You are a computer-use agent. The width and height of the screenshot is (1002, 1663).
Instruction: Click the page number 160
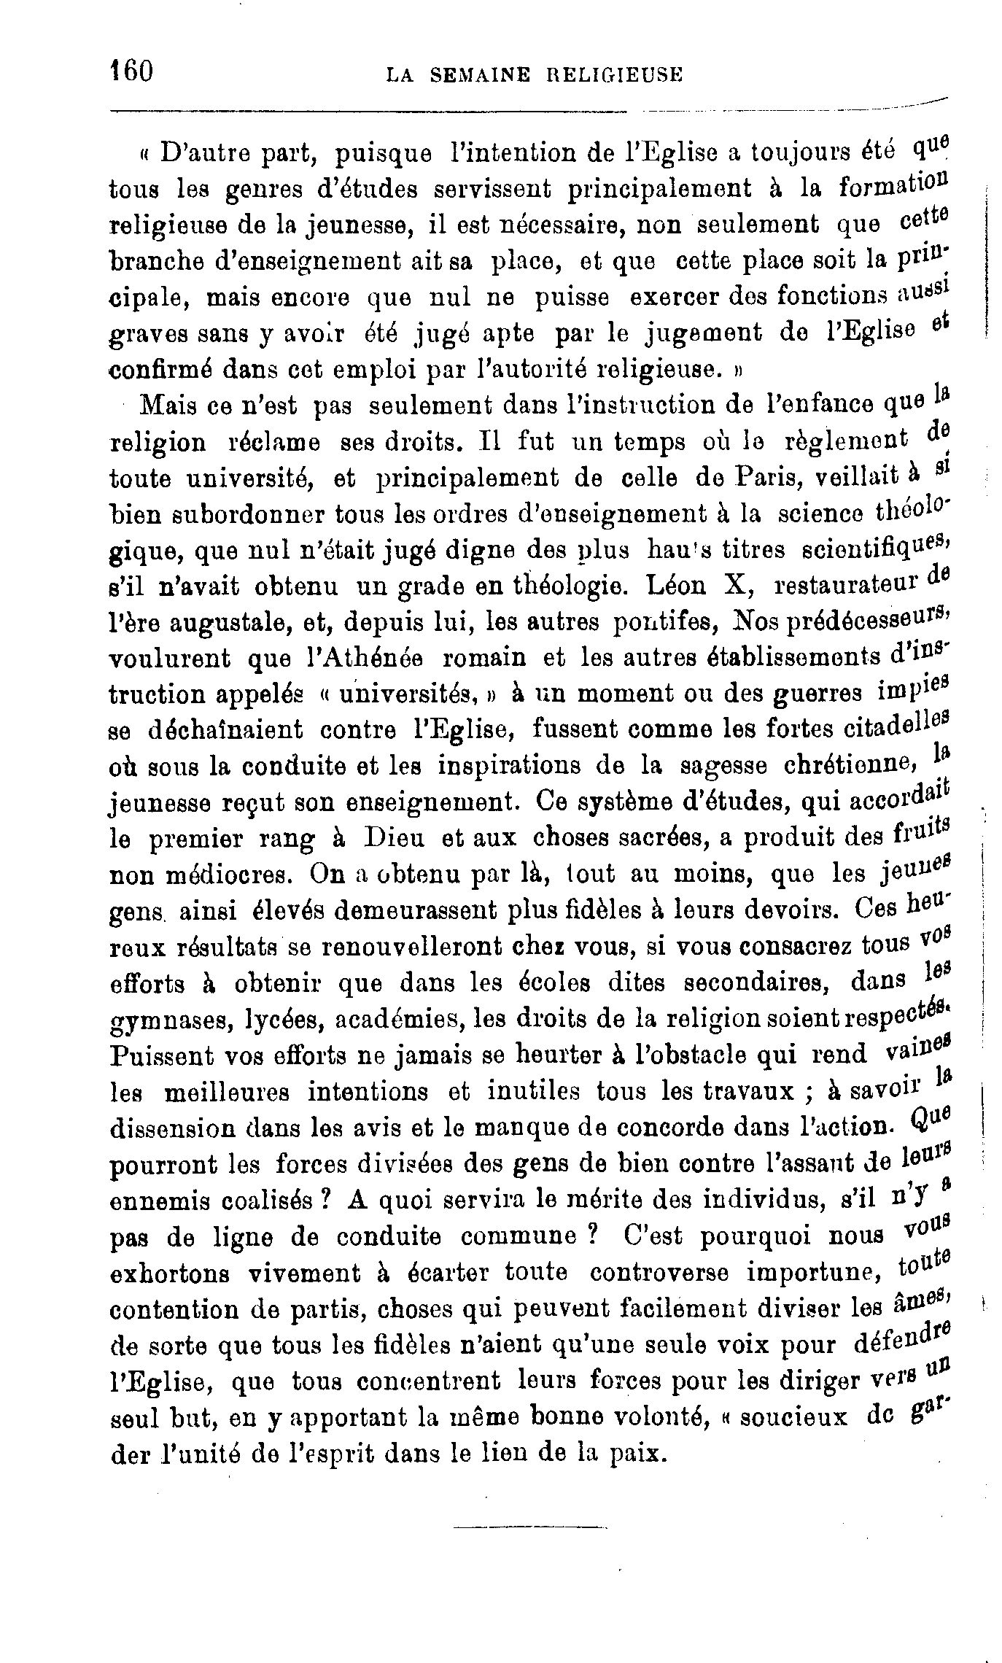[131, 72]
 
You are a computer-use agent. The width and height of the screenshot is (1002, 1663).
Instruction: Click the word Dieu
[393, 838]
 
